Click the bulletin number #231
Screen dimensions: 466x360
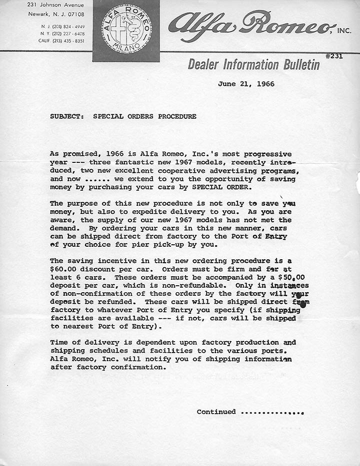(334, 56)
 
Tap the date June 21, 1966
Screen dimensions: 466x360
(246, 84)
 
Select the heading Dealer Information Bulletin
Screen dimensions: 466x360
(253, 64)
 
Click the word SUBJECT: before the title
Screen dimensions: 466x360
(67, 116)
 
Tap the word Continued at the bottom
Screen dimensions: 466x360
(216, 412)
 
